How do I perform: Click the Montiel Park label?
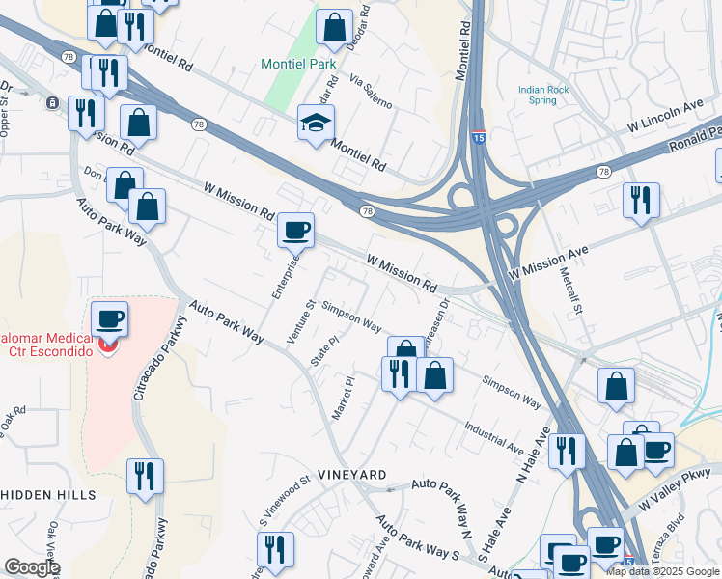click(x=299, y=65)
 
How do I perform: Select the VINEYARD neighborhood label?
click(x=352, y=476)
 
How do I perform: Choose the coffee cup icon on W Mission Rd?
click(x=295, y=231)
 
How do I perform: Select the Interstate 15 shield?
click(x=480, y=138)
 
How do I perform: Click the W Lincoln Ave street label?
click(x=665, y=114)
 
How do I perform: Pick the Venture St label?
click(x=302, y=320)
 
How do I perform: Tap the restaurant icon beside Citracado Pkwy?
click(x=145, y=477)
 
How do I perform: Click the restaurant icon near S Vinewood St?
click(x=275, y=550)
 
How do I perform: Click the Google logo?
click(x=32, y=568)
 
